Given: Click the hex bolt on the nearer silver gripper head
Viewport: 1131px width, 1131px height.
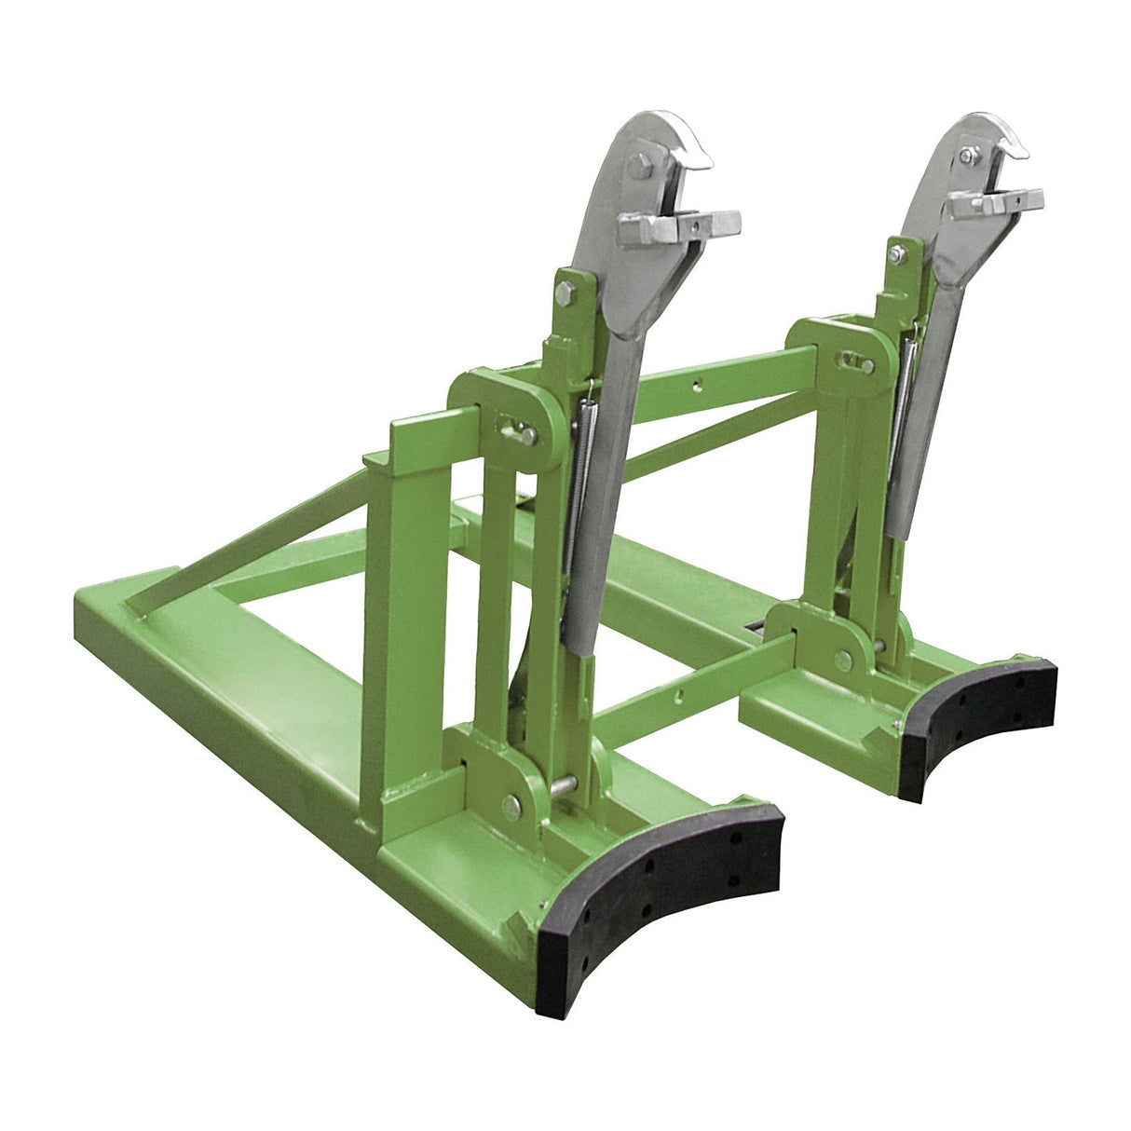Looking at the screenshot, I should (639, 168).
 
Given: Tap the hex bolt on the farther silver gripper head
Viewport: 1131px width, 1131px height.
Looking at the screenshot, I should (969, 155).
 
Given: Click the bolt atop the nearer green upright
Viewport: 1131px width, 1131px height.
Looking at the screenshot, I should (565, 293).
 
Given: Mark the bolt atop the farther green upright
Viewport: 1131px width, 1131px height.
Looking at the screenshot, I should (895, 253).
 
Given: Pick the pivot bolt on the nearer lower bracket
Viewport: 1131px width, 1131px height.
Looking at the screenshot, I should (511, 806).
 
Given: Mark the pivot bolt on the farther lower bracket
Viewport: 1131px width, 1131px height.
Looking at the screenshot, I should (843, 660).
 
